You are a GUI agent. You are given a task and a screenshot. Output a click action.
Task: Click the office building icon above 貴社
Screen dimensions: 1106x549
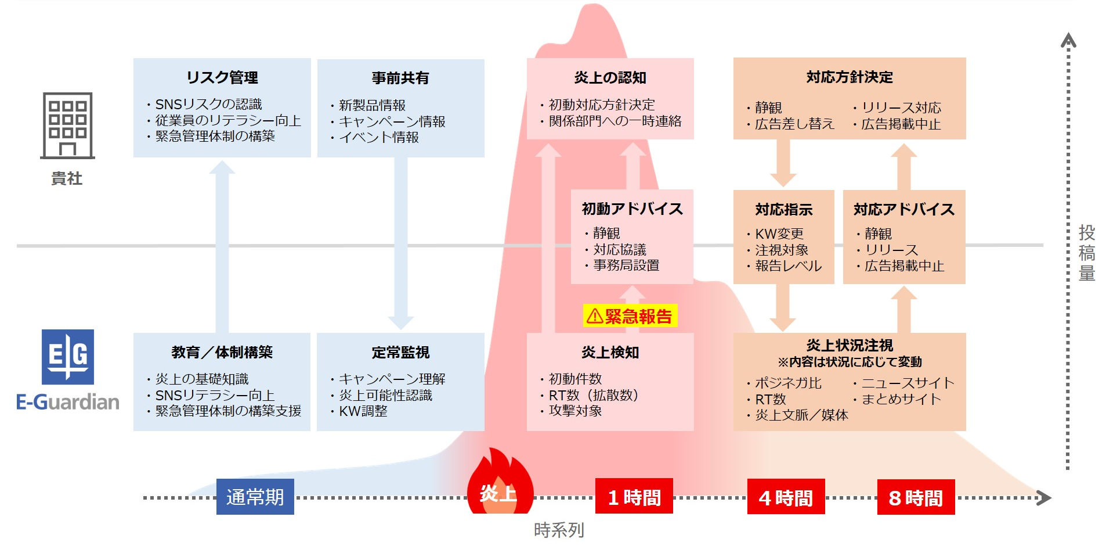click(x=67, y=125)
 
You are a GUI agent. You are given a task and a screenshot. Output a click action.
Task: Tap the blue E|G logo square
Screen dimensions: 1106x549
click(x=68, y=357)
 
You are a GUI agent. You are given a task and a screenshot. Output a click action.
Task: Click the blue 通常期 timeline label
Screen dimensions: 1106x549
click(x=255, y=497)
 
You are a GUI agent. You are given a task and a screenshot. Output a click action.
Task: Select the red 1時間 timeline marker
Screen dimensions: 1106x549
click(x=634, y=496)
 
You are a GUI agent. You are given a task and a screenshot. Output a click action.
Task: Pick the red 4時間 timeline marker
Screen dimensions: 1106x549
click(x=786, y=497)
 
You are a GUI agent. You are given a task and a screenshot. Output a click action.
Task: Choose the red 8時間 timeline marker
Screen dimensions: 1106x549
click(x=916, y=497)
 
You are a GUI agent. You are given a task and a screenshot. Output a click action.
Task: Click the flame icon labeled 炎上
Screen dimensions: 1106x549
click(x=499, y=481)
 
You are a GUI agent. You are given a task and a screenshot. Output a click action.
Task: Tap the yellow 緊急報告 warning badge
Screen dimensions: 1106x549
click(x=630, y=315)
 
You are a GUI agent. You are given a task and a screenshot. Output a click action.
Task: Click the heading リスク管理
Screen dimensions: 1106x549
click(x=222, y=77)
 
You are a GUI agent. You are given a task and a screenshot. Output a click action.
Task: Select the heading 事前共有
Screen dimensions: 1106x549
click(x=400, y=78)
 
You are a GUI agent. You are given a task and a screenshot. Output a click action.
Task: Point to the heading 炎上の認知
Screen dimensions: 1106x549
click(x=610, y=77)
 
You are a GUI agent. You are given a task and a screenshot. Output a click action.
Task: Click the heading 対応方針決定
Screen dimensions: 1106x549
click(x=850, y=77)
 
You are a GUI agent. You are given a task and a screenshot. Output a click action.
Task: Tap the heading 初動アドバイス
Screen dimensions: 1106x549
click(x=632, y=209)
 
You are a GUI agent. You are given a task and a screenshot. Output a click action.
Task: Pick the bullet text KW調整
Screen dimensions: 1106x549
click(x=363, y=411)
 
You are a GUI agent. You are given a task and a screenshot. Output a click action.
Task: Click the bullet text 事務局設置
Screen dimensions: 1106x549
click(x=626, y=265)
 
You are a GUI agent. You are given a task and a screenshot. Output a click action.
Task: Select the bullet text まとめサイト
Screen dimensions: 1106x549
click(x=901, y=399)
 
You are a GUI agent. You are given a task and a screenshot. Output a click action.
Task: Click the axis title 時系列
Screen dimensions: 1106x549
click(x=559, y=530)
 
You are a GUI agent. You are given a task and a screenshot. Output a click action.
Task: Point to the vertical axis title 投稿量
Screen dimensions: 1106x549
click(x=1087, y=253)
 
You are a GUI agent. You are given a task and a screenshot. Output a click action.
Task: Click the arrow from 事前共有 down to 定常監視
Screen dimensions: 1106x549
click(x=400, y=243)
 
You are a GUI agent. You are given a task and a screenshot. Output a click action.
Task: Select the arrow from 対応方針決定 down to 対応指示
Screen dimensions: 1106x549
click(x=783, y=163)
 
